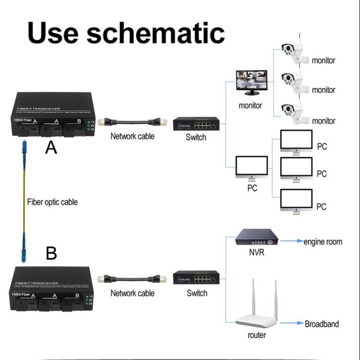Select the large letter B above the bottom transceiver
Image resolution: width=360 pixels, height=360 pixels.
[51, 253]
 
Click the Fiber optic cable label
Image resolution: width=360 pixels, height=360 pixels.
[52, 202]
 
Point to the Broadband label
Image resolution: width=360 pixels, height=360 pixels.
[322, 324]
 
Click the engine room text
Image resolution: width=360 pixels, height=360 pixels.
[323, 242]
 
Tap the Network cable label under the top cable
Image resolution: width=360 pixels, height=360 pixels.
[132, 136]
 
